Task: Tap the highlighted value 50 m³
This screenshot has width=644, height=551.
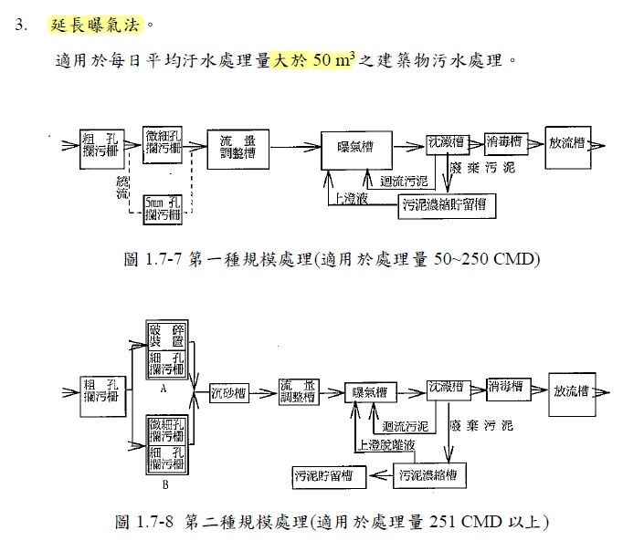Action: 330,63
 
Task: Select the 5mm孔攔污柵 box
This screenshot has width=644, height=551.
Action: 164,207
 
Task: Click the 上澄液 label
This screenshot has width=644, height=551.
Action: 351,197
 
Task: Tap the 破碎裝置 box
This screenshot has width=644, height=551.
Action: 166,335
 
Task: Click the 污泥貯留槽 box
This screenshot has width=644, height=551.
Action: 326,474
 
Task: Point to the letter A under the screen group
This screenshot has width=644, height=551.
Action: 163,388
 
